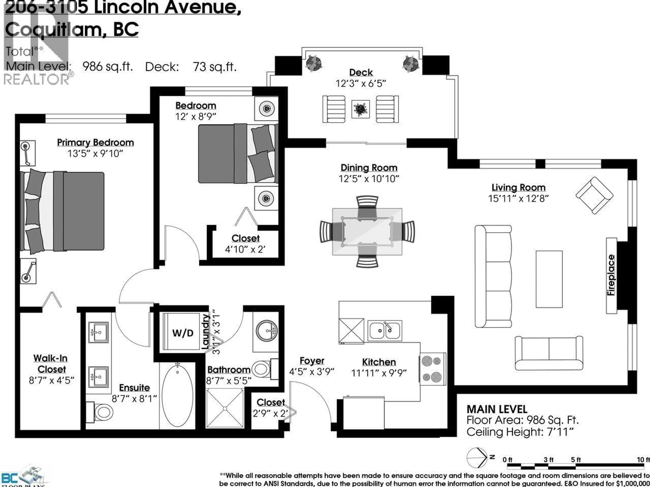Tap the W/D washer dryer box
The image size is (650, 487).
point(182,333)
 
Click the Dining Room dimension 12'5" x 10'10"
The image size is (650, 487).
point(369,178)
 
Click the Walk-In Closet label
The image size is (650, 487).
point(51,364)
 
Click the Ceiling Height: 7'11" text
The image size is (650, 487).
point(520,432)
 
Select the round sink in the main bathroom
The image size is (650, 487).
point(266,331)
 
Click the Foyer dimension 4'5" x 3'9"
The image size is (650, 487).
point(312,372)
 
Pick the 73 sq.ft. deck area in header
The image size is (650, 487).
point(214,67)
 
